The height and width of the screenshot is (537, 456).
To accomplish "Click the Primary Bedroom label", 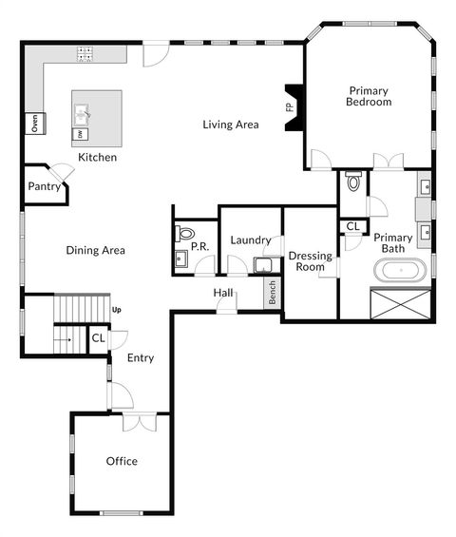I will click(369, 96).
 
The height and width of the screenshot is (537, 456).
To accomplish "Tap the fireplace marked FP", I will click(293, 107).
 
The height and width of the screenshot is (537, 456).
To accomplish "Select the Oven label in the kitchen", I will click(32, 123).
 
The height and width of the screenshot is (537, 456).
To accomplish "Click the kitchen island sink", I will click(82, 116).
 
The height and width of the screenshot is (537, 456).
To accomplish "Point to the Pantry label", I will click(44, 187).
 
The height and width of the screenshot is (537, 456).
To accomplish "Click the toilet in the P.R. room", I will click(184, 233).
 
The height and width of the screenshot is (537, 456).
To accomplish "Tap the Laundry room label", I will click(251, 240).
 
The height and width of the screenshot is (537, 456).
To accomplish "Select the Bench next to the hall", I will click(272, 293).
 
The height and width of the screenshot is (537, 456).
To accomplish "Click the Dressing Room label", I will click(310, 261).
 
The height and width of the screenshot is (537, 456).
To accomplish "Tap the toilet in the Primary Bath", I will click(353, 181).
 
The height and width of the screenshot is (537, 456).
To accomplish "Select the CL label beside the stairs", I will click(98, 338).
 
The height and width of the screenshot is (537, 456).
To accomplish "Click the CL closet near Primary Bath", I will click(352, 226).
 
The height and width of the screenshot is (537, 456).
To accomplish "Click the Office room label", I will click(122, 461).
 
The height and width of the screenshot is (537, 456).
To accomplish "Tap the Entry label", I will click(141, 358).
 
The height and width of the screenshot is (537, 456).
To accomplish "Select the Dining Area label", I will click(96, 251).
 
